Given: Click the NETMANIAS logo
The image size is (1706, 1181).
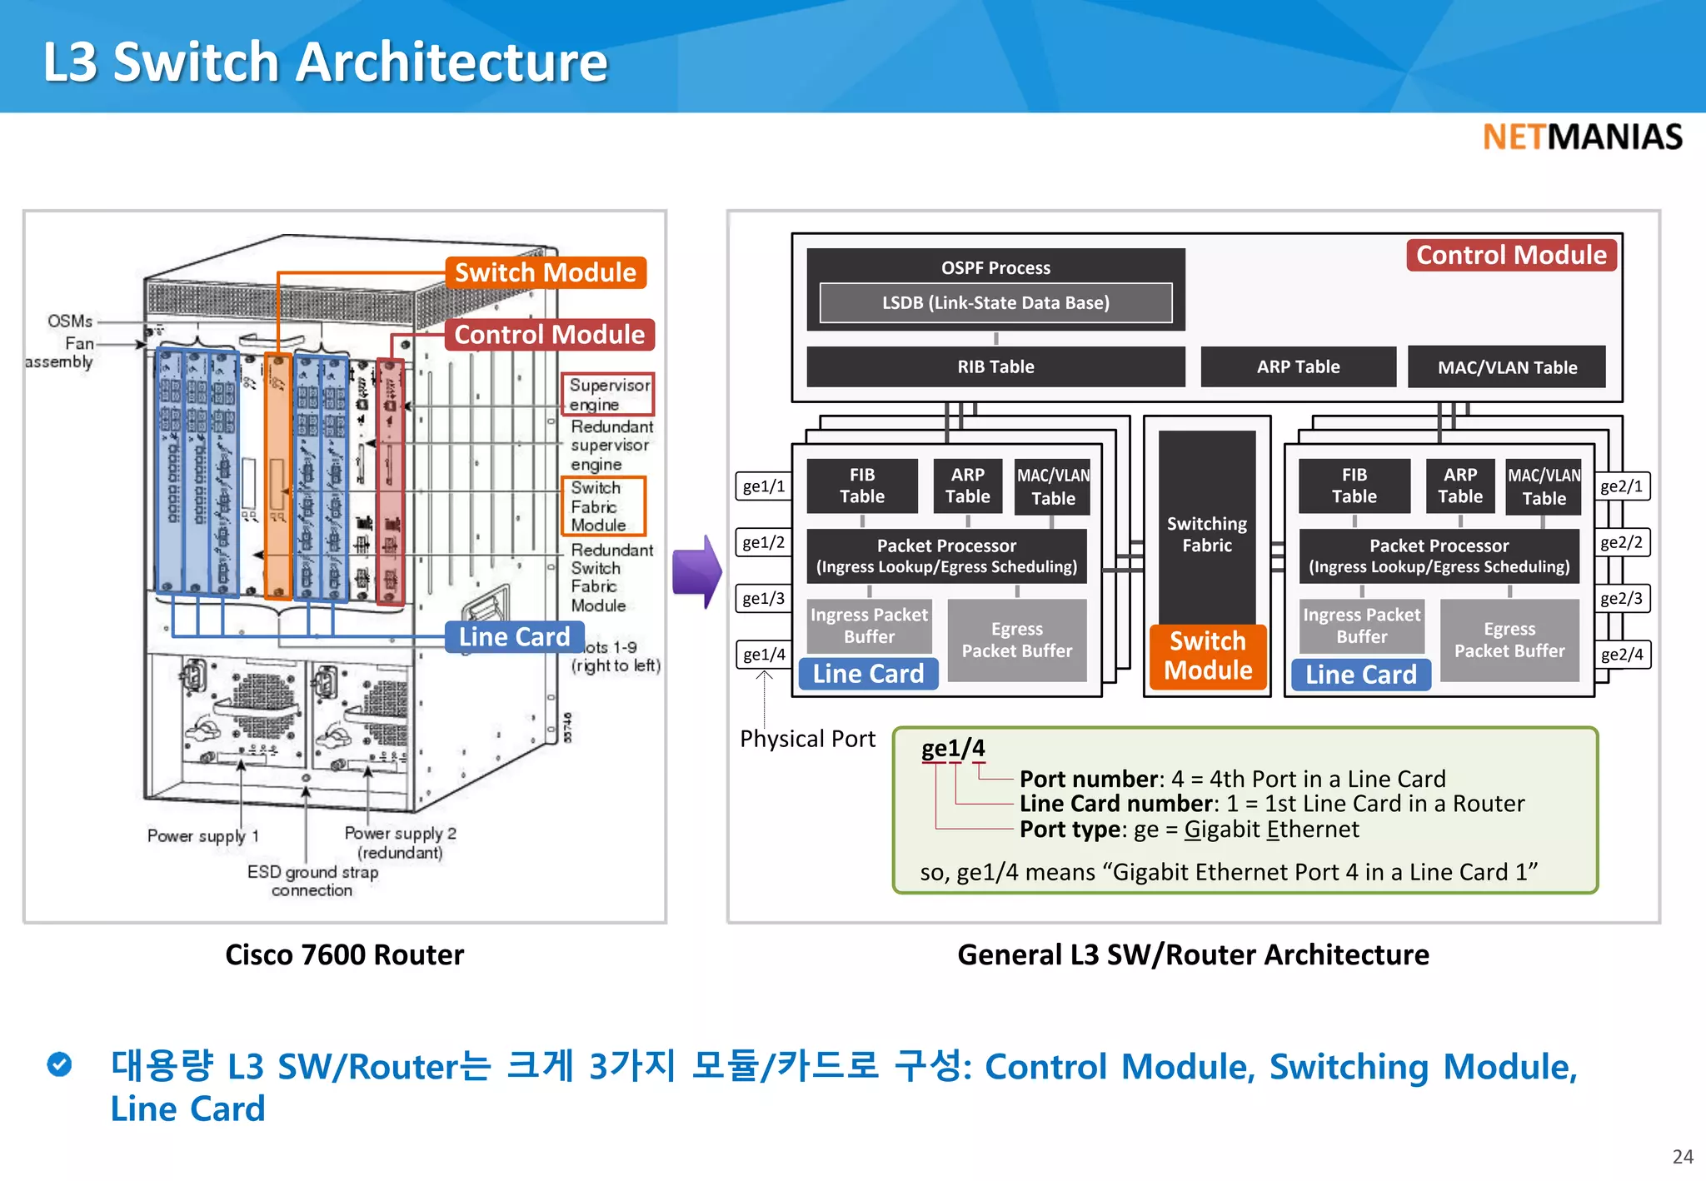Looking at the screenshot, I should pos(1582,137).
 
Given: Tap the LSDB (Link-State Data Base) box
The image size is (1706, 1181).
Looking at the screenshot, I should pos(995,303).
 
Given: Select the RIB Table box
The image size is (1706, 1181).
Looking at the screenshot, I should pos(995,367).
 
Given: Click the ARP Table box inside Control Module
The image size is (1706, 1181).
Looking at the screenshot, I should pos(1298,367).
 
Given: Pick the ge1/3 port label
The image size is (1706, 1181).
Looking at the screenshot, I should pos(763,599).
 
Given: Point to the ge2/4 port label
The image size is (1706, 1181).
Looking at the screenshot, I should pos(1621,655).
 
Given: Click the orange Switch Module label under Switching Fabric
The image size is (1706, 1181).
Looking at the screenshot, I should pos(1208,656).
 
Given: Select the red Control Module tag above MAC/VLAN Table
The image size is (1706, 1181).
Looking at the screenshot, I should pos(1511,255).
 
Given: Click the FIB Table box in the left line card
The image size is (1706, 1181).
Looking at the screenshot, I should pos(862,486).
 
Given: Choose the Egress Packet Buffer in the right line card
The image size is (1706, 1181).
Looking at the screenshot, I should pos(1509,640).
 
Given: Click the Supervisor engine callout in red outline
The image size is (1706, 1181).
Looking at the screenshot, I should pos(608,395).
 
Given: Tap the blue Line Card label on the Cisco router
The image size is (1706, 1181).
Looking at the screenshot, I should pos(514,637).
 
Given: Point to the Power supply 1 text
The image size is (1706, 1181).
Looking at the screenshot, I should pos(202,835).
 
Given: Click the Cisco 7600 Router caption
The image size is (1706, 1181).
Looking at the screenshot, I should pos(344,954).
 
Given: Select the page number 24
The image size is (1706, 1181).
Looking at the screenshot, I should pos(1682,1157).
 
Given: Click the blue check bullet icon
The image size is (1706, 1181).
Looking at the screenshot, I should pos(59,1064).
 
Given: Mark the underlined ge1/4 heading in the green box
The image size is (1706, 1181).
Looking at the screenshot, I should pos(952,748).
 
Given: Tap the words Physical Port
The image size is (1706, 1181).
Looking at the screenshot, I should pos(807,739).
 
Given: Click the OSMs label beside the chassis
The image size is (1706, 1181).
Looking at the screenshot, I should pos(70,321).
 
